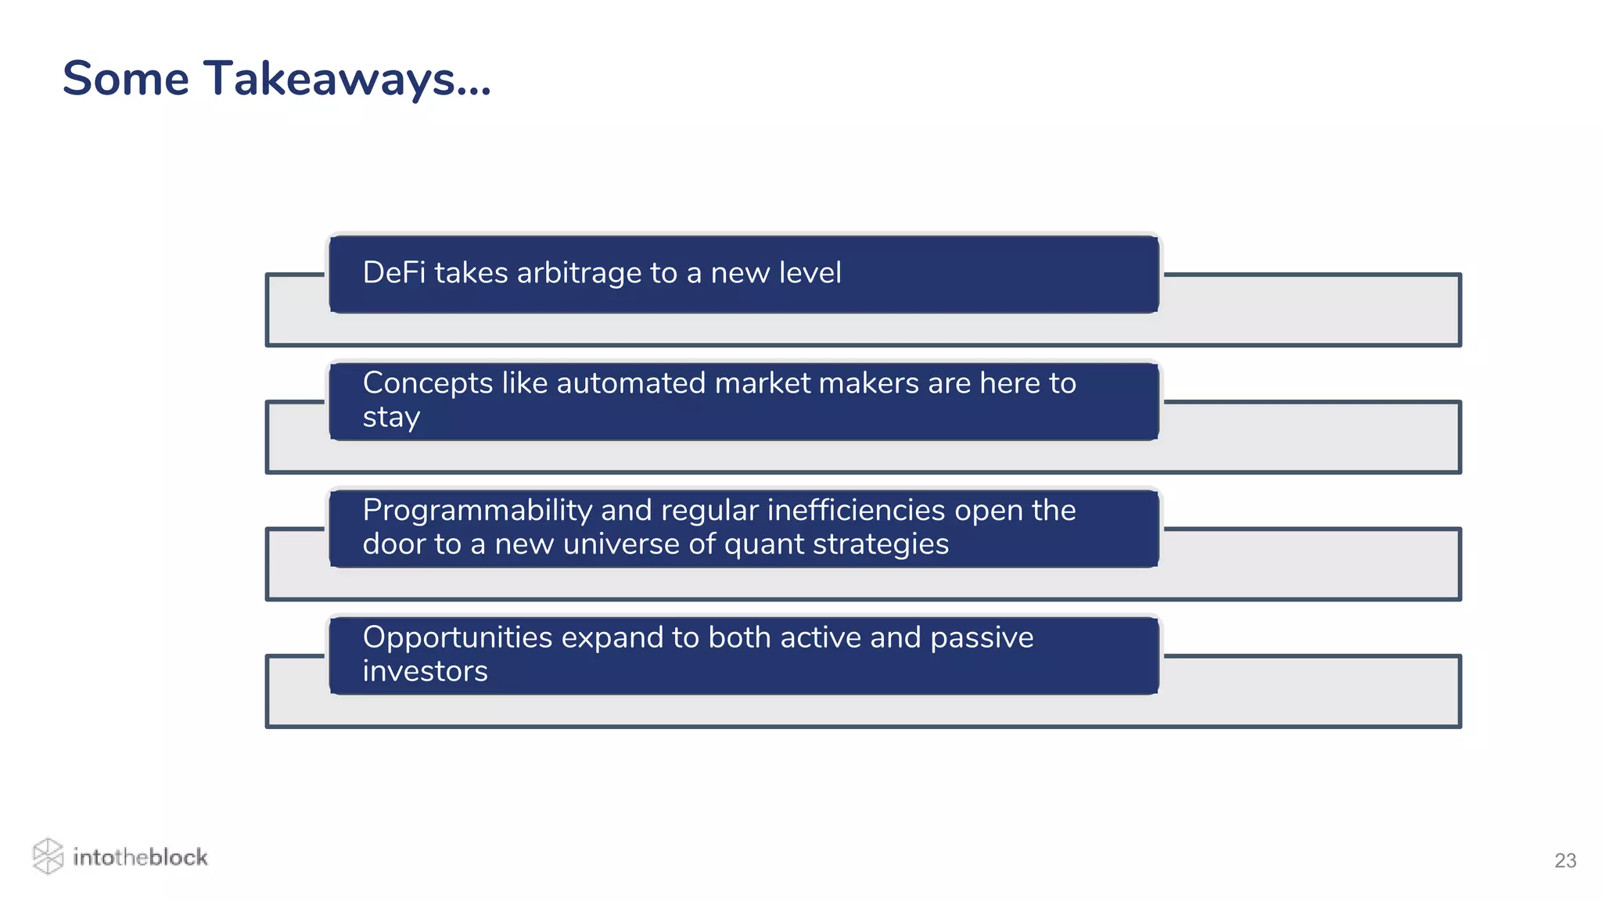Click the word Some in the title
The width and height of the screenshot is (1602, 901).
coord(126,80)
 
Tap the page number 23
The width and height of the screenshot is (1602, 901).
coord(1564,860)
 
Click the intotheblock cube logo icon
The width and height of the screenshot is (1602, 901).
coord(48,856)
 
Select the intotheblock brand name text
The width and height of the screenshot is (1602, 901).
coord(140,857)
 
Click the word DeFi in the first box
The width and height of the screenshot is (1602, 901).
coord(394,273)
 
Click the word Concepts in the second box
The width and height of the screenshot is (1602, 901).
coord(428,383)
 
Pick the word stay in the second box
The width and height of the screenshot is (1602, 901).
coord(391,418)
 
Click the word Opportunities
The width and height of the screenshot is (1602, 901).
coord(458,638)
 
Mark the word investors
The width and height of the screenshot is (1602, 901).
coord(425,672)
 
